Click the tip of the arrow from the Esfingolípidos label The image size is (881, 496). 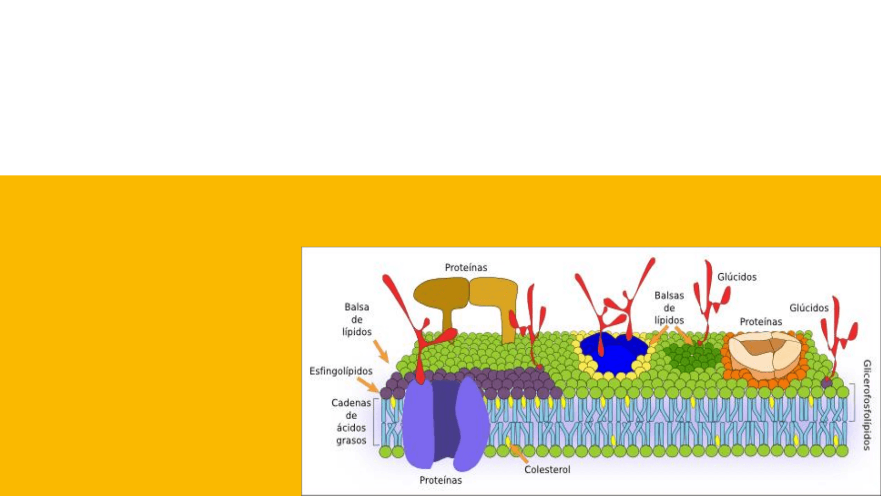[x=379, y=391]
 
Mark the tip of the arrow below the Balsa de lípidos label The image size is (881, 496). [x=388, y=362]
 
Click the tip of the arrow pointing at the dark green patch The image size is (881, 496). [x=693, y=344]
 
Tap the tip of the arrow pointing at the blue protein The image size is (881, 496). [x=650, y=345]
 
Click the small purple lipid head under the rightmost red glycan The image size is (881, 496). [x=826, y=382]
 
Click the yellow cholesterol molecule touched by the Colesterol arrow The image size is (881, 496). [x=508, y=441]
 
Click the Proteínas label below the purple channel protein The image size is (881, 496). [x=440, y=480]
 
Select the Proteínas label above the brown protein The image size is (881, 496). [x=466, y=268]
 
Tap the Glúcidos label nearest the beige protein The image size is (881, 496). [x=809, y=308]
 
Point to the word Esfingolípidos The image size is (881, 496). [x=341, y=371]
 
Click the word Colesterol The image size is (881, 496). [x=547, y=470]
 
